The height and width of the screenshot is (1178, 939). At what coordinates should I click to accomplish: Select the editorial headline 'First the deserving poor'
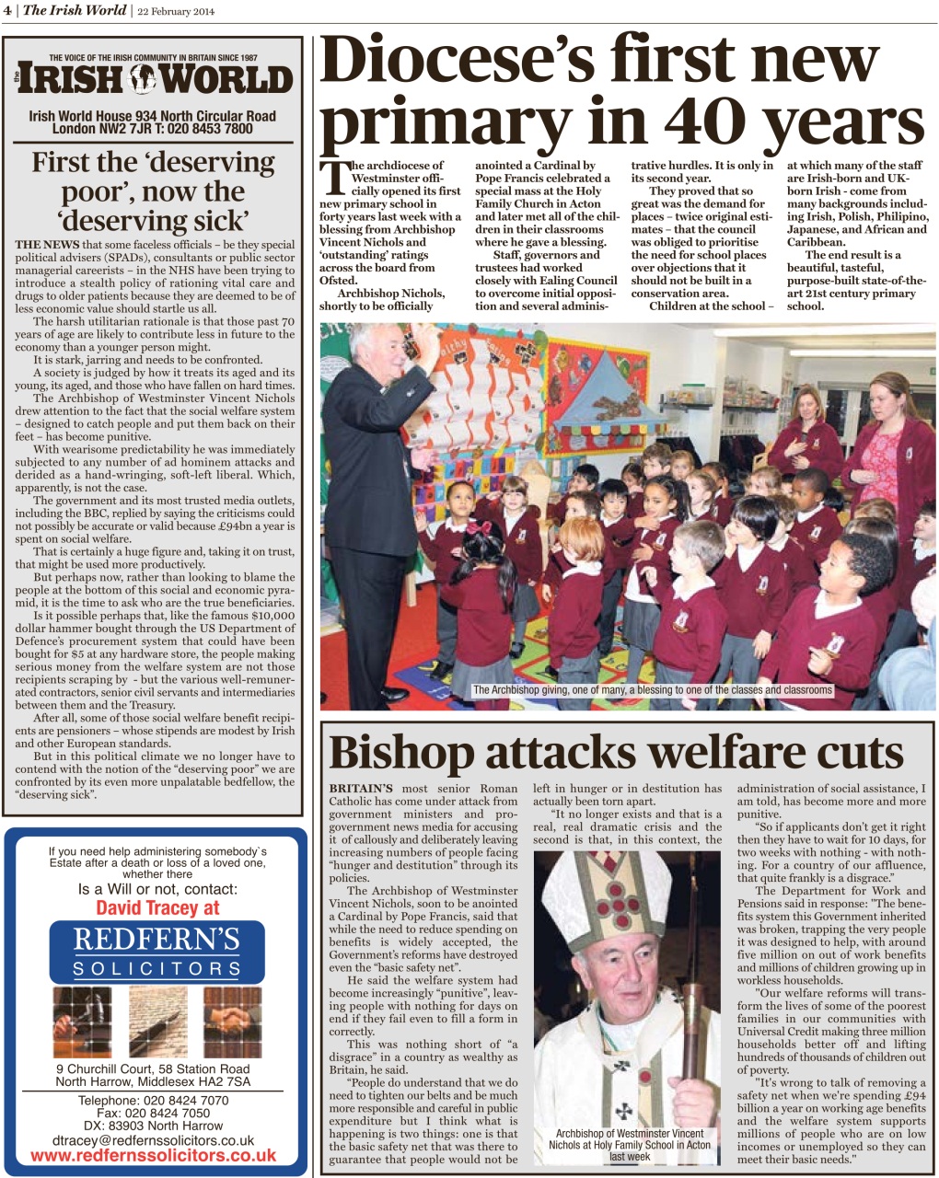153,191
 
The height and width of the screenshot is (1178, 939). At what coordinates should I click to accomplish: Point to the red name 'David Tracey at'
157,908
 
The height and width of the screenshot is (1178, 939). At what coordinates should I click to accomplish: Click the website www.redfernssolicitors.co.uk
154,1155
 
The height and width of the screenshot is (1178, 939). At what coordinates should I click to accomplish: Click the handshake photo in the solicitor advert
227,1022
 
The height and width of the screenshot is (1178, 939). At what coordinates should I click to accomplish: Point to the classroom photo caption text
652,689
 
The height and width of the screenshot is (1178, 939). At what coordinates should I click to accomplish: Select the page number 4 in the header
6,11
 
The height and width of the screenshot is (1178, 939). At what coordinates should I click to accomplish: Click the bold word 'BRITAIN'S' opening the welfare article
361,789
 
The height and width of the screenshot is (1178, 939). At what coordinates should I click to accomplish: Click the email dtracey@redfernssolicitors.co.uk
154,1139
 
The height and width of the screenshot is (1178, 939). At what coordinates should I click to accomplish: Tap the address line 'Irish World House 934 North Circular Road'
153,116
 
